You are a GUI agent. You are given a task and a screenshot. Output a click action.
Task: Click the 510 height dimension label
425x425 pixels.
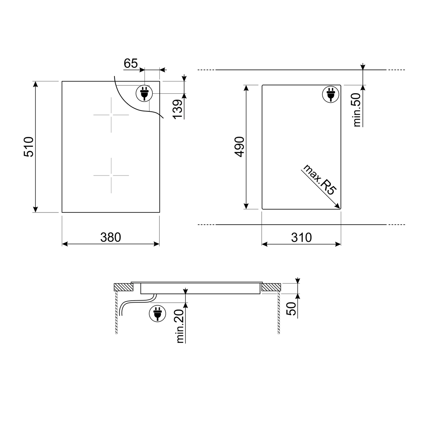pyautogui.click(x=29, y=147)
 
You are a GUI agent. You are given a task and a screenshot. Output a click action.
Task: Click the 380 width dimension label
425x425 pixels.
pyautogui.click(x=111, y=237)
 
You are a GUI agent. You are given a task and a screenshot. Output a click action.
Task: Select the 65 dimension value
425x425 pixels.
pyautogui.click(x=131, y=63)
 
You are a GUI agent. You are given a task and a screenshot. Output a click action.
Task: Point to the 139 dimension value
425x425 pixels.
pyautogui.click(x=178, y=109)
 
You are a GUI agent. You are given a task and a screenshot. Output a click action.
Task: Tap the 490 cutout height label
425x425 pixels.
pyautogui.click(x=240, y=147)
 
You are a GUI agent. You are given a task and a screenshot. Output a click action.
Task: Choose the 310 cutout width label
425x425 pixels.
pyautogui.click(x=301, y=237)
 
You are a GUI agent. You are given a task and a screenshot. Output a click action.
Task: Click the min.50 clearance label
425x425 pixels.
pyautogui.click(x=357, y=110)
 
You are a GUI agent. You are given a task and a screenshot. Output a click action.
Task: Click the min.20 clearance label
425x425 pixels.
pyautogui.click(x=180, y=326)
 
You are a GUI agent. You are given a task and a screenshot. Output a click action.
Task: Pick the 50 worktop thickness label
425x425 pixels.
pyautogui.click(x=291, y=309)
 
